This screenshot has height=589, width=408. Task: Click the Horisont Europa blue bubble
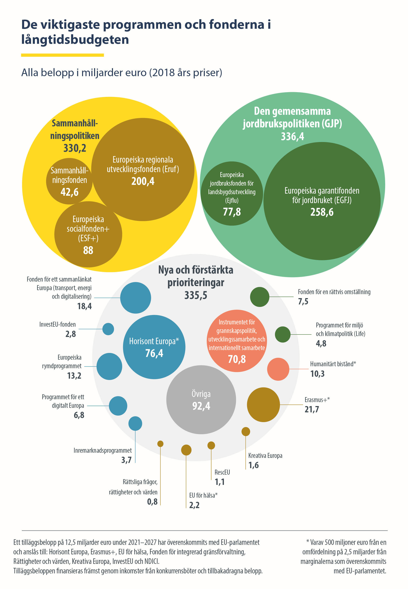pos(154,347)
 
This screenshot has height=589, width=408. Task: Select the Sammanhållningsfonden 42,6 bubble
pos(69,181)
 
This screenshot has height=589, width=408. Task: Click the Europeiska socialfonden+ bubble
pos(88,234)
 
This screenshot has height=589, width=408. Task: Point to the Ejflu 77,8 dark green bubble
pos(232,193)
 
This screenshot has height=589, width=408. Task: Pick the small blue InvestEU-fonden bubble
pos(108,329)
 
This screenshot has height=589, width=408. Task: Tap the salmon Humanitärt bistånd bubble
pos(278,369)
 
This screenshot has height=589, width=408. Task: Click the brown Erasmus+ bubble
pos(263,405)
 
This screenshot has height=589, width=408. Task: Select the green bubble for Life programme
pos(283,334)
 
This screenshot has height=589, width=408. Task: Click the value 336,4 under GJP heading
pos(292,136)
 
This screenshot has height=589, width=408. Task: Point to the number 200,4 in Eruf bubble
pos(143,181)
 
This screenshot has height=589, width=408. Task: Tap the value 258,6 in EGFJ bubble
pos(322,212)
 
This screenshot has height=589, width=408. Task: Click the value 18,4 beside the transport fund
pos(84,306)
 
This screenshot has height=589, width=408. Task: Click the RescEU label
pos(222,472)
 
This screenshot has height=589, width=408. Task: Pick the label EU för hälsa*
pos(203,495)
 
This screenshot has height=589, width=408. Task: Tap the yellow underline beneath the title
pos(62,55)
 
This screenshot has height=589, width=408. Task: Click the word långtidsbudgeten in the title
pos(75,40)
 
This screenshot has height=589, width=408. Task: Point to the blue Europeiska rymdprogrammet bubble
pos(109,366)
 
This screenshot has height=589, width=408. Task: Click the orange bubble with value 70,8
pos(237,341)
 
